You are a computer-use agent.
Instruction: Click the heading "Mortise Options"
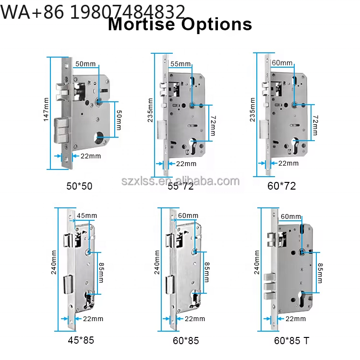(x=180, y=24)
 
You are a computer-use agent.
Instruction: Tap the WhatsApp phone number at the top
(x=93, y=12)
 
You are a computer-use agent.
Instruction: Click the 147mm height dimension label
(x=46, y=109)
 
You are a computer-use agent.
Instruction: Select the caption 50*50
(x=79, y=186)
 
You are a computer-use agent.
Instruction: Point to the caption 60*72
(x=282, y=186)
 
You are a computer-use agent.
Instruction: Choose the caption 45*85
(x=81, y=340)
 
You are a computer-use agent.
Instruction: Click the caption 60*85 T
(x=292, y=341)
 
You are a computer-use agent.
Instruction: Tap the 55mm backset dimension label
(x=180, y=64)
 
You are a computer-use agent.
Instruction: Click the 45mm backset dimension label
(x=87, y=216)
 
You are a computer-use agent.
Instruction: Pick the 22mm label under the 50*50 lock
(x=91, y=156)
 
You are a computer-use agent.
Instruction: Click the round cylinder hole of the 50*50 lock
(x=99, y=137)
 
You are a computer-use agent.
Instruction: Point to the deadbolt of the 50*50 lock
(x=61, y=130)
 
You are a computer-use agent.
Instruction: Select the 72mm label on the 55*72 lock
(x=213, y=126)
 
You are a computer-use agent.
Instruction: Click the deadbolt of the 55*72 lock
(x=162, y=130)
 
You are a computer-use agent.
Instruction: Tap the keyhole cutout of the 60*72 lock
(x=295, y=145)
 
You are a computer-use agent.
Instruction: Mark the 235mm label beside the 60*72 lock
(x=252, y=109)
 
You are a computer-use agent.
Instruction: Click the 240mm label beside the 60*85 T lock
(x=257, y=262)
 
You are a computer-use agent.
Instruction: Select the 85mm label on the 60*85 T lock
(x=320, y=273)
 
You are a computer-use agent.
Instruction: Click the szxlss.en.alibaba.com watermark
(x=180, y=181)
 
